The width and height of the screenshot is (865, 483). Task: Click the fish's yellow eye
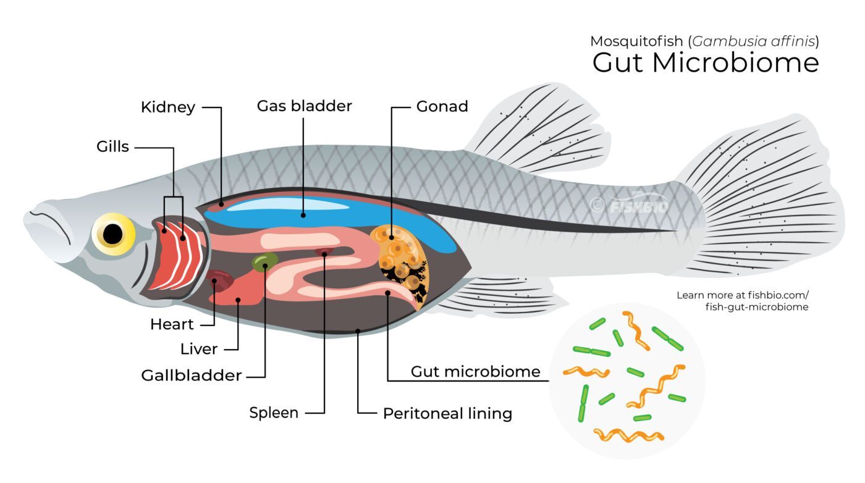coord(113,234)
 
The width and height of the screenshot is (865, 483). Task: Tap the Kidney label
coord(168,107)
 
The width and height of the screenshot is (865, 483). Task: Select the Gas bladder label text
coord(304,106)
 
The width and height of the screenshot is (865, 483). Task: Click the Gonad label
coord(442,106)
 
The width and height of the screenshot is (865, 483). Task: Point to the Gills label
coord(112,146)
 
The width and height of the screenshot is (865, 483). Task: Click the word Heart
coord(172,324)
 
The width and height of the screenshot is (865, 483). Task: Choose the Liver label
coord(199,349)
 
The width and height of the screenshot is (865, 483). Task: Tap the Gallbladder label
coord(192,376)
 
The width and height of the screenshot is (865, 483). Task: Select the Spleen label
coord(274,413)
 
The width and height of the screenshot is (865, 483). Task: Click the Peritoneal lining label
coord(447,413)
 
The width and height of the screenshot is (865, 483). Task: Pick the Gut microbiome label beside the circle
coord(475,371)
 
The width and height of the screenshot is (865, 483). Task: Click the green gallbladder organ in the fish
coord(265,261)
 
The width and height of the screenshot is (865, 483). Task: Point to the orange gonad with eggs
coord(400,258)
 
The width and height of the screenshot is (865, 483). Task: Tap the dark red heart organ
coord(220,280)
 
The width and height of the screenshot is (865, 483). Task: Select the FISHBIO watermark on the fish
coord(630,205)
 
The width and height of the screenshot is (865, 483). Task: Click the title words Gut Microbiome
coord(706,62)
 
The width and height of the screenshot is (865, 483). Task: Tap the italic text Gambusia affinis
coord(753,41)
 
